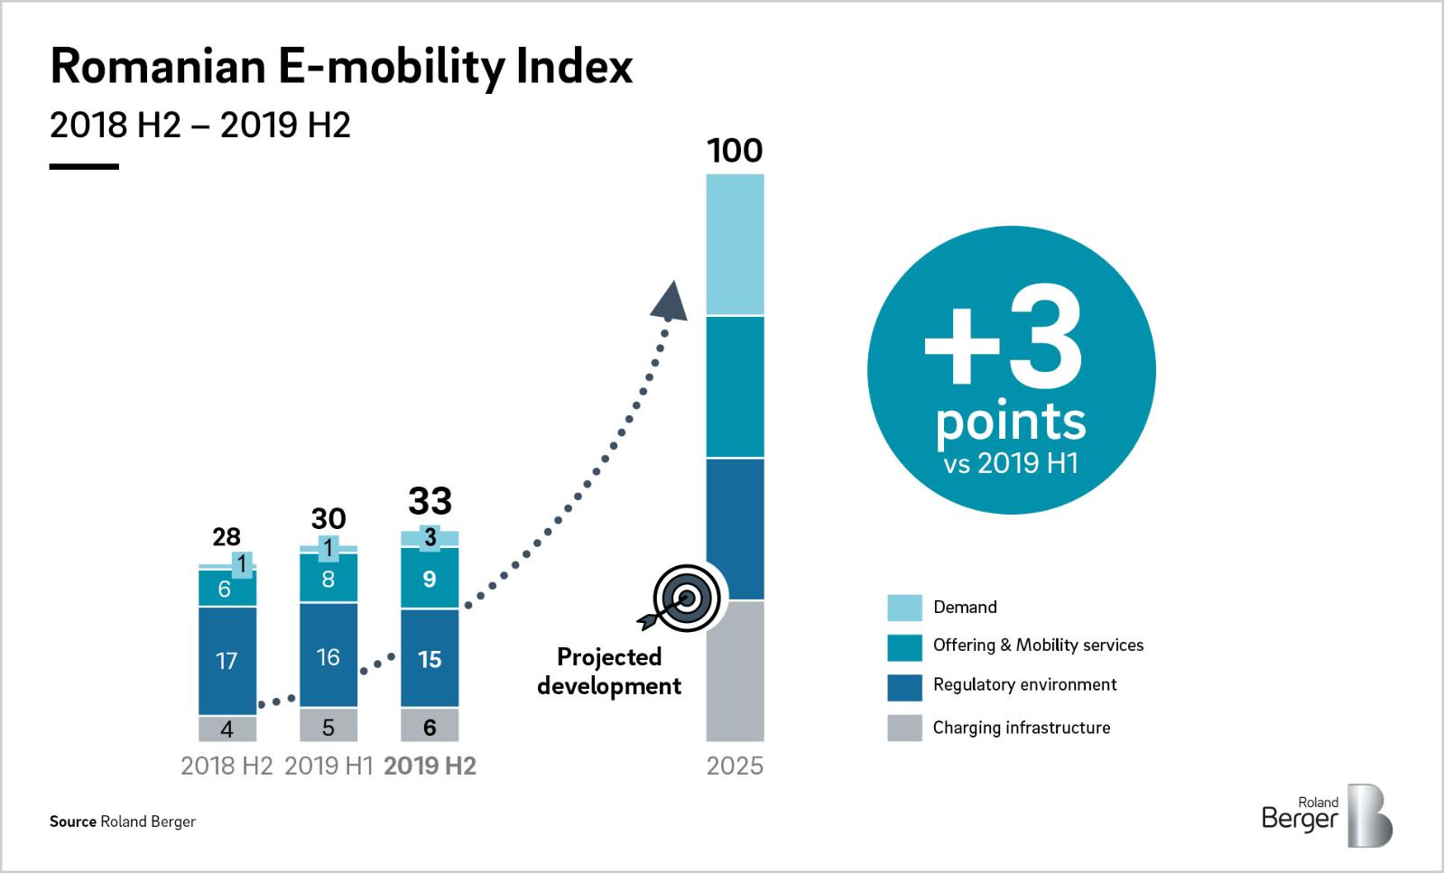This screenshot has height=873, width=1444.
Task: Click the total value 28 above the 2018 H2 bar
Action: click(226, 537)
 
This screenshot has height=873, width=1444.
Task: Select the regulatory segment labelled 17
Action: click(227, 660)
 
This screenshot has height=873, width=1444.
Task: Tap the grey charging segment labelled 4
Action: click(227, 728)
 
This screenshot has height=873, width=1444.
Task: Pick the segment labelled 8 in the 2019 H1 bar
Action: click(329, 579)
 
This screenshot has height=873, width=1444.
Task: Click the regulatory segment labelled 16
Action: click(329, 656)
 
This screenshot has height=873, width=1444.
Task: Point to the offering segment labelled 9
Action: click(430, 579)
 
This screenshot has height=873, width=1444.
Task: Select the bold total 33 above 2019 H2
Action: click(430, 501)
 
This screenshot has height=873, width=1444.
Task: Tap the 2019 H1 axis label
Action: click(329, 766)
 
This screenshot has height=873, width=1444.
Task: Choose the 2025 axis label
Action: click(735, 766)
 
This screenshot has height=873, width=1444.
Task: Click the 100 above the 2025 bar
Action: click(735, 151)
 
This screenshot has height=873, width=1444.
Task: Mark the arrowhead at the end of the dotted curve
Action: click(670, 302)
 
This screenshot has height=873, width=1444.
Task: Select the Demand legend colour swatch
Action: click(904, 608)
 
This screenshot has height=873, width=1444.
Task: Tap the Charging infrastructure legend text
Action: click(1022, 728)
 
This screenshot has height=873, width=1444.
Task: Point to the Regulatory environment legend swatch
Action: click(904, 687)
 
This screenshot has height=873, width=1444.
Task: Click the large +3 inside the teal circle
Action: click(1004, 348)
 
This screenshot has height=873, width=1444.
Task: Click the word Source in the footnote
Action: click(72, 822)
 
